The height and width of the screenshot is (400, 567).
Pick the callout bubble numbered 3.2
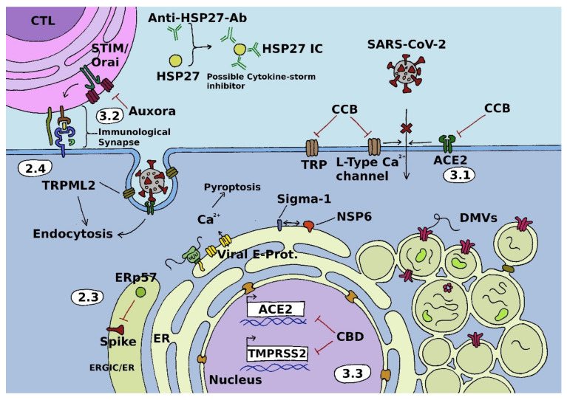point(111,116)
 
